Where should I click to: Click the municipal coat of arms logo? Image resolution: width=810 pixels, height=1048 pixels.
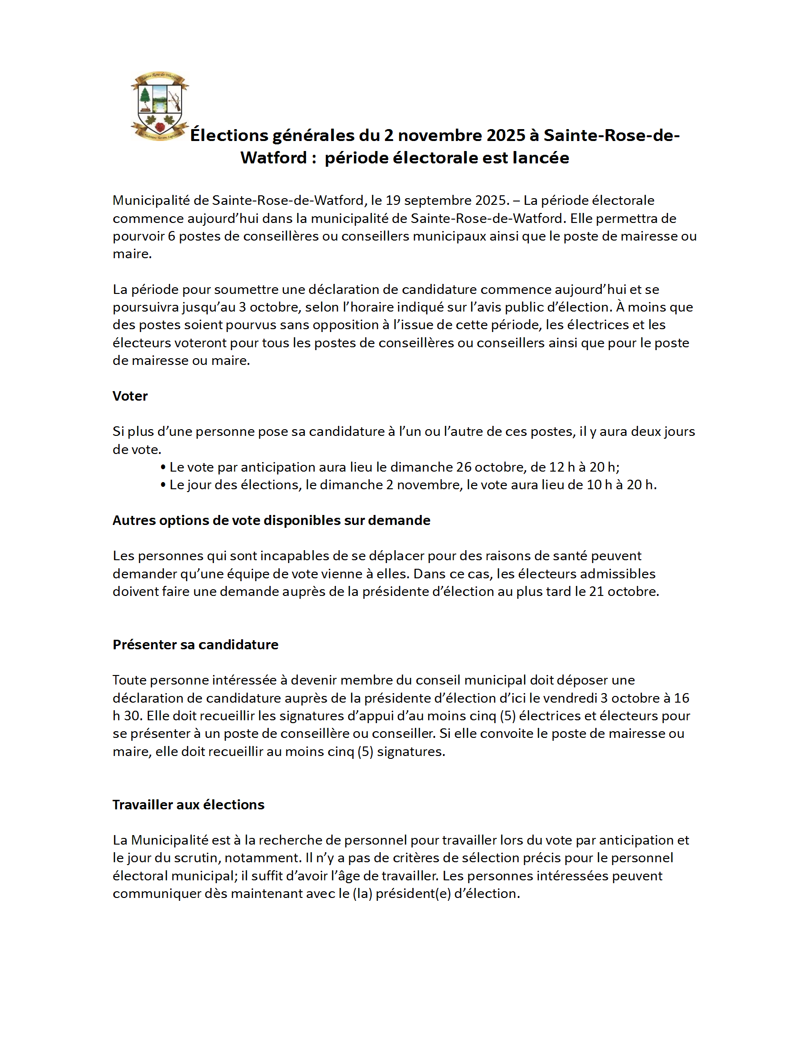tap(159, 107)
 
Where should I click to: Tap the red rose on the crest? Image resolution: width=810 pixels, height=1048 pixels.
tap(160, 126)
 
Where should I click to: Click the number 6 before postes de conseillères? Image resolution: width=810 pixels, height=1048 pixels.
tap(172, 236)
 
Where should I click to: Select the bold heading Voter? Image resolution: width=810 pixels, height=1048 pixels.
tap(130, 396)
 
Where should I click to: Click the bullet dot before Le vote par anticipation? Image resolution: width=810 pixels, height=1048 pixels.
tap(163, 467)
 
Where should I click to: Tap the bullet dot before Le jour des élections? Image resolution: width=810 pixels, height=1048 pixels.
tap(163, 485)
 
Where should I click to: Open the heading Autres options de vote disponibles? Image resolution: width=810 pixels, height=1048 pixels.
tap(271, 520)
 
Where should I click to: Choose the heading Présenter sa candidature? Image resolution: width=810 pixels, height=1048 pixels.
tap(195, 645)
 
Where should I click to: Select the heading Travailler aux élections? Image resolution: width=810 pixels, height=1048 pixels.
tap(188, 805)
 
